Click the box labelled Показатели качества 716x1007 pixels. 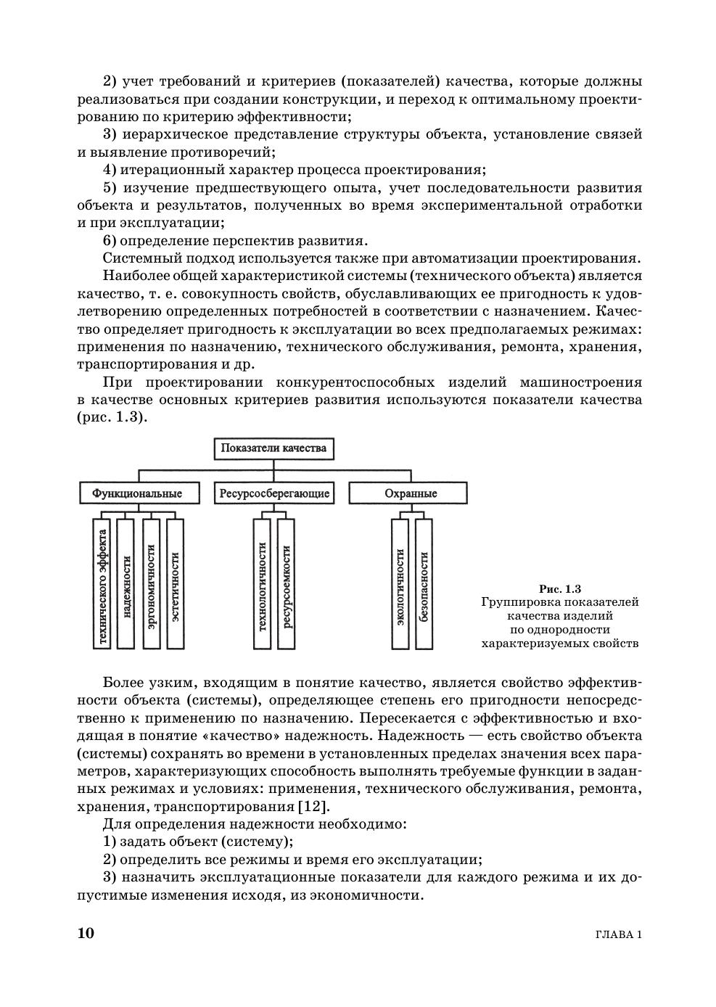point(273,448)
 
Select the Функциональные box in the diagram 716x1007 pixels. point(136,493)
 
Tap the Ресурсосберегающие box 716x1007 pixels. point(273,493)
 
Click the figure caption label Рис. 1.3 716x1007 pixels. point(560,588)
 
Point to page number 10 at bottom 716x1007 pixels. point(86,933)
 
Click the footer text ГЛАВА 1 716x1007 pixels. point(618,934)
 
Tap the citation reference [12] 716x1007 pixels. point(313,807)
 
